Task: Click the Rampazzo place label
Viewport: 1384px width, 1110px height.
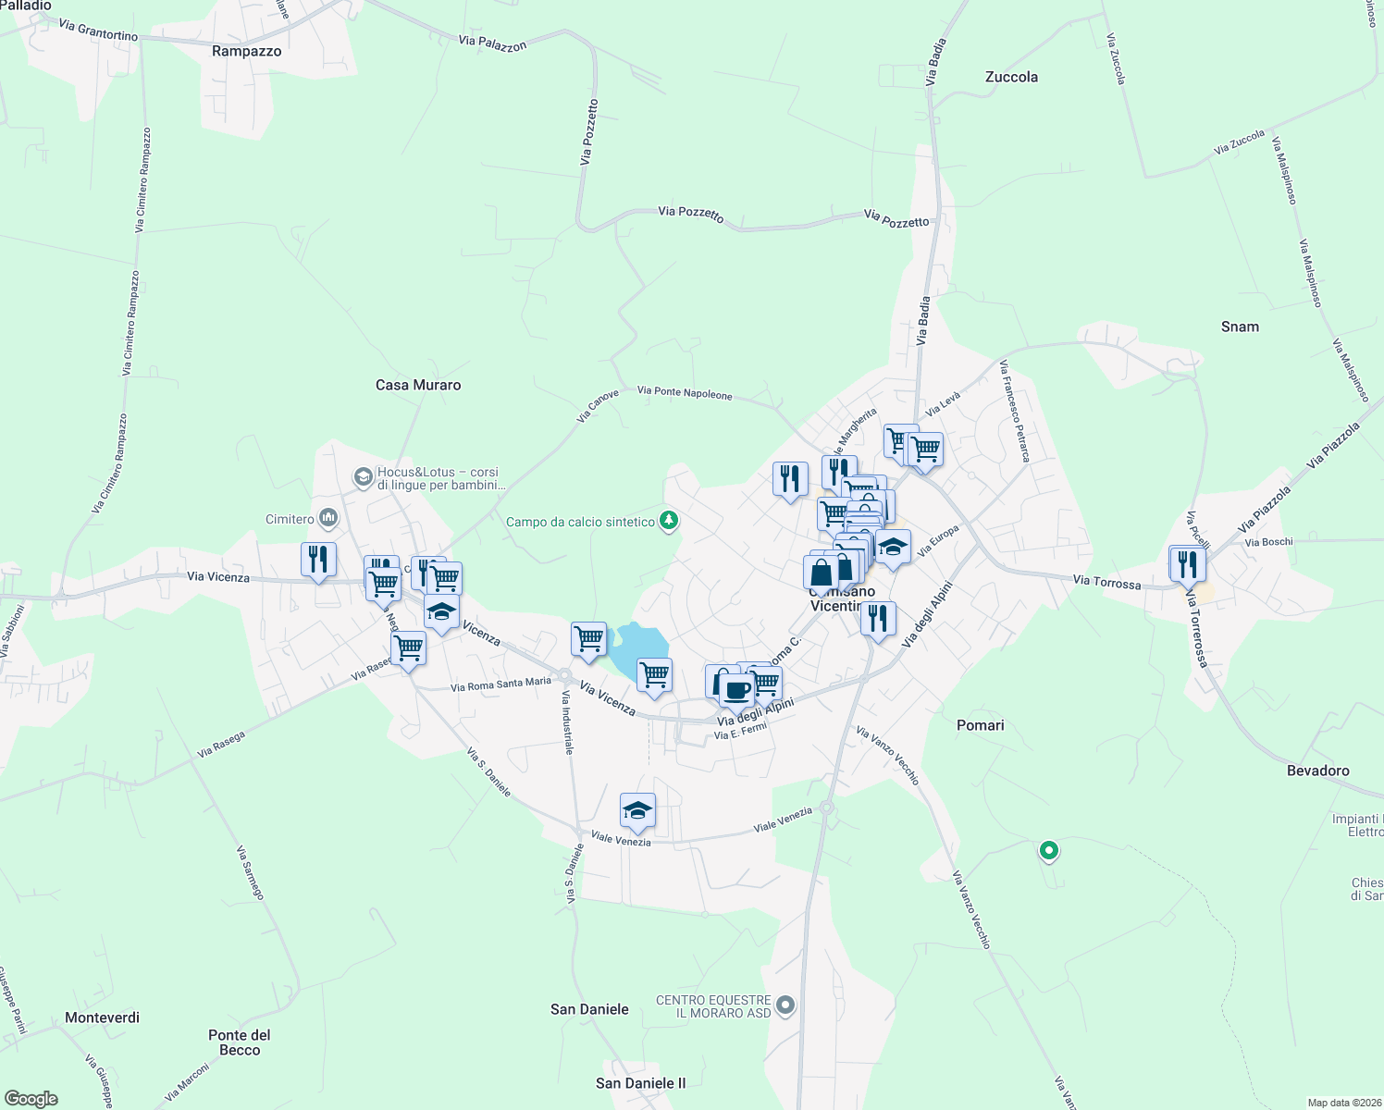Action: pos(246,51)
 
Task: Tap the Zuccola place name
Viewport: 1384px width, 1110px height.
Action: pos(1011,77)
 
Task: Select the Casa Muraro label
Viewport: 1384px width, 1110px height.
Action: pos(418,385)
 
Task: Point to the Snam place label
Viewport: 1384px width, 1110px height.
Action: pos(1240,327)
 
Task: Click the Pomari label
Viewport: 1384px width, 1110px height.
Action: pos(980,725)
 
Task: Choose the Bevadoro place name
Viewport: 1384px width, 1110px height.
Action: pos(1317,771)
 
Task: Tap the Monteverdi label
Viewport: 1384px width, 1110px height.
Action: pos(102,1017)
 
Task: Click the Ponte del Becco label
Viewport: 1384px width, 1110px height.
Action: pos(240,1042)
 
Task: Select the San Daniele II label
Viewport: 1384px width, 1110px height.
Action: pos(641,1083)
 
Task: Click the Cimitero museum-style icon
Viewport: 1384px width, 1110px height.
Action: pos(327,518)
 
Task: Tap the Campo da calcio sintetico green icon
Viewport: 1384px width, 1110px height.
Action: pos(668,522)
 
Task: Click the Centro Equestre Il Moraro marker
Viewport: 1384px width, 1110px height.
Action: pos(785,1005)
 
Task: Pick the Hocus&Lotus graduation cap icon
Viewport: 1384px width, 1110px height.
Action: pos(364,477)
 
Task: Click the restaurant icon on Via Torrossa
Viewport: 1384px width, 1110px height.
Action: pos(1187,563)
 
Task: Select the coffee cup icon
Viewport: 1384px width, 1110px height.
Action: pos(737,689)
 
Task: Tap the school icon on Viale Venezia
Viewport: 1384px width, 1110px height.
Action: pos(637,811)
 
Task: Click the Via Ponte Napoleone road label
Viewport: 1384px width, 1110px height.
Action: pos(685,393)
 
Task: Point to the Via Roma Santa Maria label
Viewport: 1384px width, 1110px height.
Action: pos(500,684)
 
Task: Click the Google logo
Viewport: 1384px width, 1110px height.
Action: pos(31,1099)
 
